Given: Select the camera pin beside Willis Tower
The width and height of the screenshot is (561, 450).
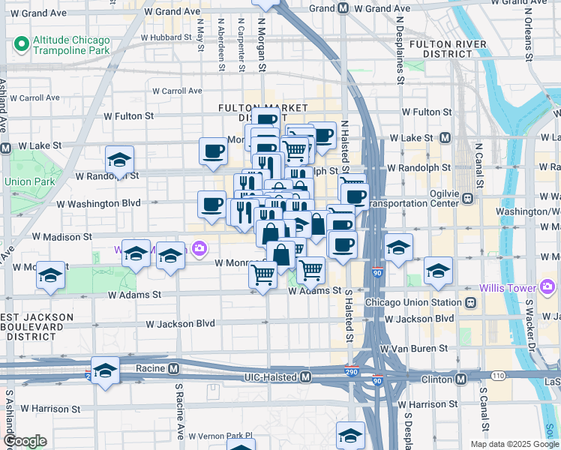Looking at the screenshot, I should click(x=547, y=287).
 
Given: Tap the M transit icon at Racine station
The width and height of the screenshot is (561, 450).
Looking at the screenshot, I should click(x=173, y=368).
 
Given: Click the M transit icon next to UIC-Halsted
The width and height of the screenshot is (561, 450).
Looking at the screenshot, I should click(x=305, y=378).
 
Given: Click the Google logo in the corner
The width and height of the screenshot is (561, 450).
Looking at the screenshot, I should click(x=25, y=441).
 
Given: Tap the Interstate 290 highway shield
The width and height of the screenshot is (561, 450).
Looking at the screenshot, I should click(x=352, y=371).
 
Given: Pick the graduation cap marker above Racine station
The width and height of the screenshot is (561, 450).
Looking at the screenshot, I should click(x=105, y=370).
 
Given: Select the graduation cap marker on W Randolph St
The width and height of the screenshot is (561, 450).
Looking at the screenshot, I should click(x=119, y=160).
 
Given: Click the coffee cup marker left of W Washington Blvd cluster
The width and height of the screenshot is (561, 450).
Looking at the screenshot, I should click(x=212, y=203).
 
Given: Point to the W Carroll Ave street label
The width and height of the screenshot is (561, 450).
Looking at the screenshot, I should click(x=177, y=91).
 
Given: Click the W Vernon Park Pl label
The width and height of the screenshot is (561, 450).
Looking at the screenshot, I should click(x=220, y=435).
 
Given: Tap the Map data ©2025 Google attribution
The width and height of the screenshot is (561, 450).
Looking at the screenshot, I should click(x=513, y=444).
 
